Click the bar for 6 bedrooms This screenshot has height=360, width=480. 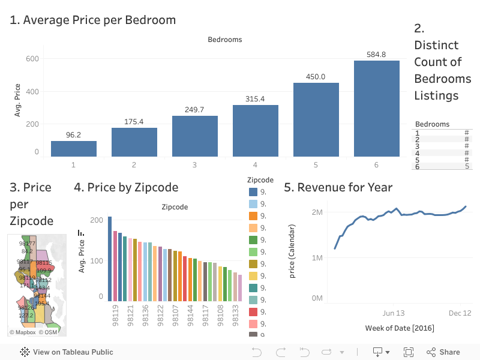tap(376, 109)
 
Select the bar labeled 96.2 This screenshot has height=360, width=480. tap(73, 149)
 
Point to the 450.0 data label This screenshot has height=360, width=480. tap(316, 77)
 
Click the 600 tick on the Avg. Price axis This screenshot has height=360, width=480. tap(32, 59)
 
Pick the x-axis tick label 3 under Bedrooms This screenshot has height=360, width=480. tap(194, 164)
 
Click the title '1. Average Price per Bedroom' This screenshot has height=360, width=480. tap(92, 20)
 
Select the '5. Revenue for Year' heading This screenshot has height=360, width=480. tap(338, 187)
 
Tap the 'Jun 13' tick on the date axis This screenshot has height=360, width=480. tap(394, 313)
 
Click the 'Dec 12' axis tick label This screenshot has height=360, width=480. tap(460, 313)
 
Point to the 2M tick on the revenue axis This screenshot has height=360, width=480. tap(318, 212)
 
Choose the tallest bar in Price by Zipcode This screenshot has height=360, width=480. tap(110, 259)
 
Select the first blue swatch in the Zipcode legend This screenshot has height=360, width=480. tap(253, 192)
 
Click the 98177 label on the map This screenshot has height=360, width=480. tap(27, 244)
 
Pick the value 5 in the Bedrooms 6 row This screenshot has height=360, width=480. tap(467, 166)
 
